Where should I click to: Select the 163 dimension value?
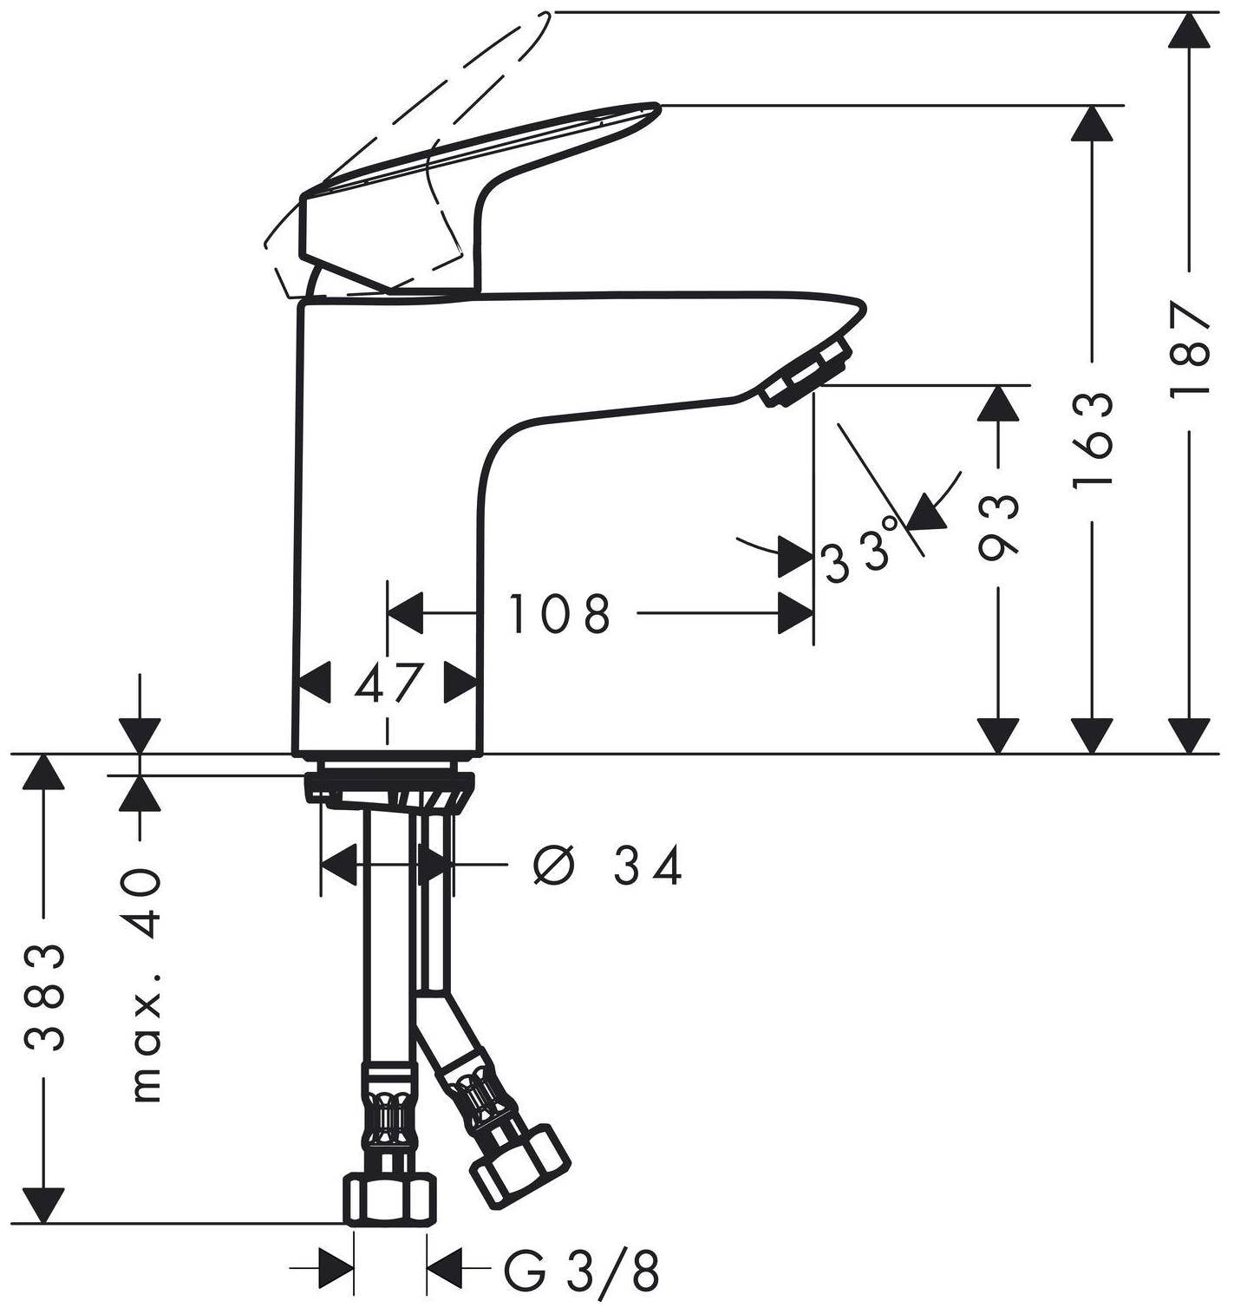1092,442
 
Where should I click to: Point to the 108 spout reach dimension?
559,613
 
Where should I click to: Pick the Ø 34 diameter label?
607,866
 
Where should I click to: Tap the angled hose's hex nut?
519,1167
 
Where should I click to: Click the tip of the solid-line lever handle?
658,106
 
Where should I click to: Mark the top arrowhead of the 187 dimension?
1191,30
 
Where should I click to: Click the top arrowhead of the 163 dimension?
1092,123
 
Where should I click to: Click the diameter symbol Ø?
553,866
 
